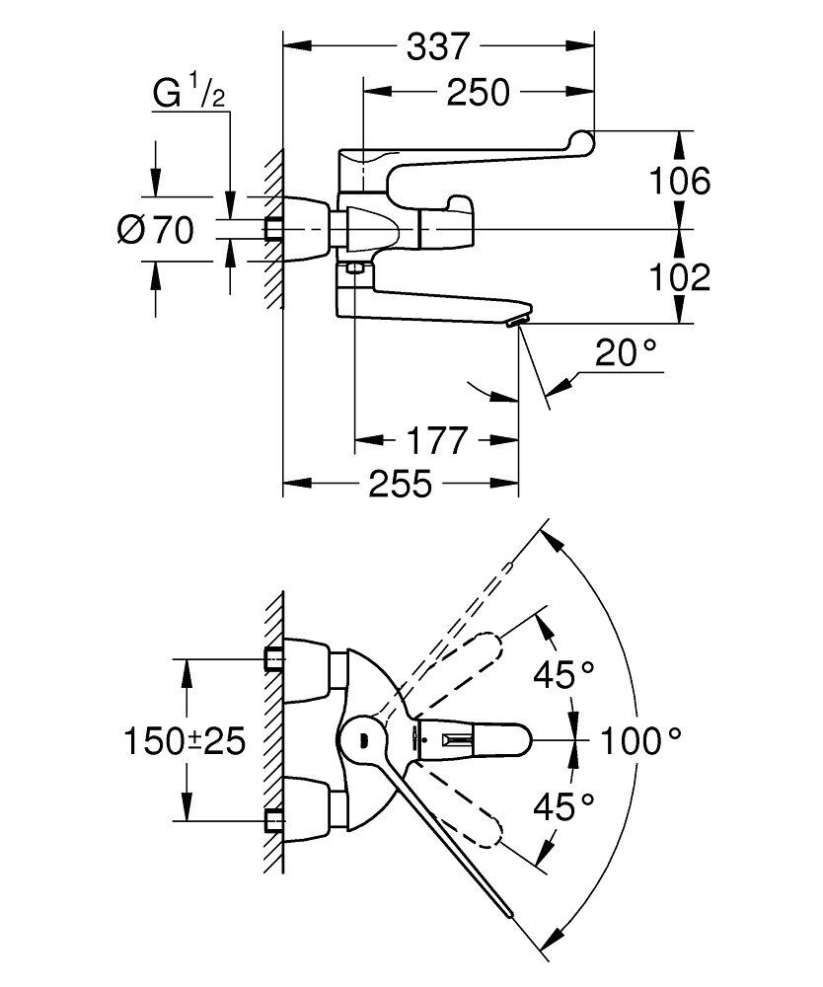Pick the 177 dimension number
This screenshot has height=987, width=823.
click(437, 440)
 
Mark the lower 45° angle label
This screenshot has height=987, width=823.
click(563, 806)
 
